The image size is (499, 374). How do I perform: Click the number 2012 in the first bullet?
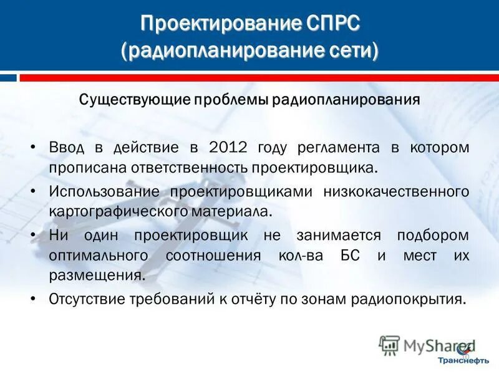coord(228,148)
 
